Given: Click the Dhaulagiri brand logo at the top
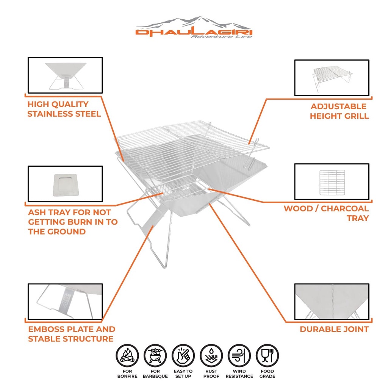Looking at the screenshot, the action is (x=194, y=27).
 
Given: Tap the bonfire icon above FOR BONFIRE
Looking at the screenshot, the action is (x=127, y=355).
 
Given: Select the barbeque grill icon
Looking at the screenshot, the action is (x=155, y=355).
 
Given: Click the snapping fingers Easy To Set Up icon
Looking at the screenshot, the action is (x=183, y=355).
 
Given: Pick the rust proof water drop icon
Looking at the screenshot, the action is (x=211, y=355).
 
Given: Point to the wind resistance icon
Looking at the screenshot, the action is (x=239, y=355).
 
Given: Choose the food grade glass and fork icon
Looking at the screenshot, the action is (x=267, y=355).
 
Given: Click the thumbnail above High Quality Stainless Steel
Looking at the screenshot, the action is (x=65, y=75).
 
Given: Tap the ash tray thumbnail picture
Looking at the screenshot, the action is (x=65, y=184).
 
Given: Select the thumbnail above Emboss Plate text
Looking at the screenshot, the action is (x=65, y=302).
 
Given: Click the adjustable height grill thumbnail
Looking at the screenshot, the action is (x=332, y=78).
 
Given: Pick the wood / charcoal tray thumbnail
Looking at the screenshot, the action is (x=332, y=181).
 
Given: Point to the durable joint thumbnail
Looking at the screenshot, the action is (x=332, y=302).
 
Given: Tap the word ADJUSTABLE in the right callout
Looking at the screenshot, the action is (x=338, y=106).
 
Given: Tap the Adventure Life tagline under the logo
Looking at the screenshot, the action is (x=221, y=37).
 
